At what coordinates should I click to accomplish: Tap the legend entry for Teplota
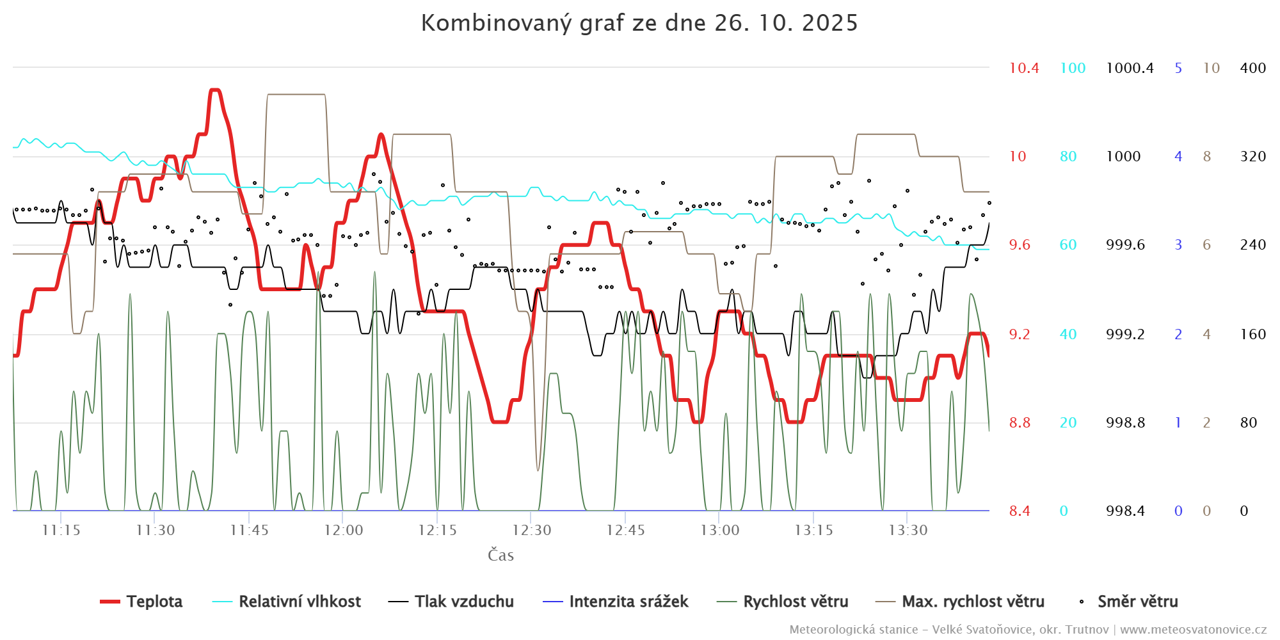154,602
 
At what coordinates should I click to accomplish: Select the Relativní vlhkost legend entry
299,602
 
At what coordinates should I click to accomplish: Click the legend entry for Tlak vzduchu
463,602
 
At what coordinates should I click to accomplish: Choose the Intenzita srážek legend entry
628,602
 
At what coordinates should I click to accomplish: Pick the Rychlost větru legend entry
795,602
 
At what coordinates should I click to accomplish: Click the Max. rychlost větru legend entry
972,602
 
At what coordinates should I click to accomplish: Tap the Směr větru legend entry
1137,602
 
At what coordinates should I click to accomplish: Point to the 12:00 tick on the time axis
344,530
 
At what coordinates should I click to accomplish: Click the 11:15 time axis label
61,530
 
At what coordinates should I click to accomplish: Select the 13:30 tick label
908,530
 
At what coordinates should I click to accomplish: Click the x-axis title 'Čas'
500,555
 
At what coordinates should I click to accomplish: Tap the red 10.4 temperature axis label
1023,68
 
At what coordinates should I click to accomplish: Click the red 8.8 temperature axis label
1020,423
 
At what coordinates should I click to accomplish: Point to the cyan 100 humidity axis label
1073,68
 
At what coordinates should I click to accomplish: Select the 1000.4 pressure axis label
1130,68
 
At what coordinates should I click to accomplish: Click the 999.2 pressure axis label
1125,335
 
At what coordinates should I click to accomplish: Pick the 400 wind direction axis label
1252,68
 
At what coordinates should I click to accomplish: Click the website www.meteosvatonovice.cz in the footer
1193,630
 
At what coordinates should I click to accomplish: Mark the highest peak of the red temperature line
215,90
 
